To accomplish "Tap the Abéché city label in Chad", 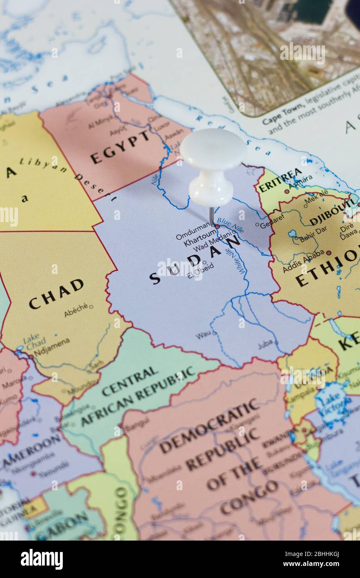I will [76, 310].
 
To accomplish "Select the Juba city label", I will [265, 344].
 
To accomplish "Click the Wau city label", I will [203, 334].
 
